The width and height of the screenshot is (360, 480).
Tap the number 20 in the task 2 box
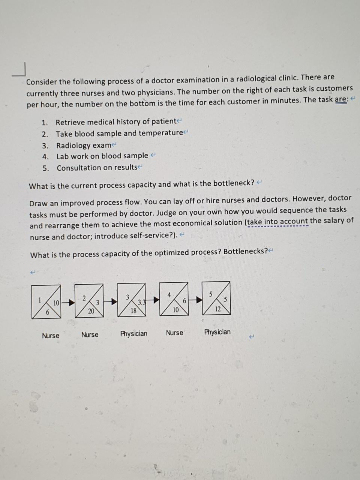point(91,311)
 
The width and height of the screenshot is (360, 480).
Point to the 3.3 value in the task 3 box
point(141,302)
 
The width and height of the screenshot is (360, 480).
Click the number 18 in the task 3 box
point(133,310)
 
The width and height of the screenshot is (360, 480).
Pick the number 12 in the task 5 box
point(217,309)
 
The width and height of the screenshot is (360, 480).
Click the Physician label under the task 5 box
point(217,332)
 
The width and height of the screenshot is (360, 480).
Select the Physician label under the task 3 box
point(133,333)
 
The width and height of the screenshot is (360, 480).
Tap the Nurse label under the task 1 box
point(50,336)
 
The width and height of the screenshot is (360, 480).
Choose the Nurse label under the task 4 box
point(174,333)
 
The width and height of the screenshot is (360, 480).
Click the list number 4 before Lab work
point(45,156)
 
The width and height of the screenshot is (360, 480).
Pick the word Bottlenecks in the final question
point(244,251)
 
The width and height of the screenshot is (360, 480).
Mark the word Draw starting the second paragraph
point(39,203)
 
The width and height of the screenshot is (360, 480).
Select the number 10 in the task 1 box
point(56,303)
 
